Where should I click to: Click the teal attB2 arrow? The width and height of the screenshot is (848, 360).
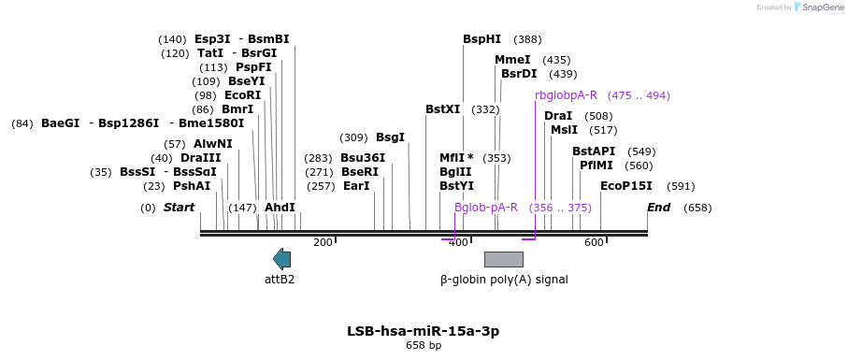click(281, 259)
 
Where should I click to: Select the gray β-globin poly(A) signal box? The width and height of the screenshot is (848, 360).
click(504, 259)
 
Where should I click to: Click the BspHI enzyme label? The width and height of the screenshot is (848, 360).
click(481, 39)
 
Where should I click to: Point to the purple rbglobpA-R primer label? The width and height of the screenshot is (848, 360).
click(567, 95)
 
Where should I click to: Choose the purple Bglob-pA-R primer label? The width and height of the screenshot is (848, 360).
click(486, 208)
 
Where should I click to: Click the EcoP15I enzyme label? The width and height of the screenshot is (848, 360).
click(626, 186)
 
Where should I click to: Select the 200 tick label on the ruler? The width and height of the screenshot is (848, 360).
click(323, 242)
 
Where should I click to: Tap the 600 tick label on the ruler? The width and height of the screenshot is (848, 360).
click(594, 242)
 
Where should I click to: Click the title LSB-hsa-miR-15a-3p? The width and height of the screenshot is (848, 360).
click(424, 331)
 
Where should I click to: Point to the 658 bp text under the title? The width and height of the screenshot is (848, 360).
click(424, 345)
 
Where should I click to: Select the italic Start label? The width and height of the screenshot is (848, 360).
click(179, 208)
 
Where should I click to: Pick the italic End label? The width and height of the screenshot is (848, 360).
click(659, 208)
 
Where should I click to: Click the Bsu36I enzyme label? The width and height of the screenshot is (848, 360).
click(363, 158)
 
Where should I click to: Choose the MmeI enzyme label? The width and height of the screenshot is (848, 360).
click(512, 60)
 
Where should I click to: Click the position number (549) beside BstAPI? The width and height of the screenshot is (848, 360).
click(640, 151)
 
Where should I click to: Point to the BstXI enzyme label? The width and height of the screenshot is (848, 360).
click(443, 109)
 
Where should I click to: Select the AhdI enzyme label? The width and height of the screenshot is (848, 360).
click(280, 208)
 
